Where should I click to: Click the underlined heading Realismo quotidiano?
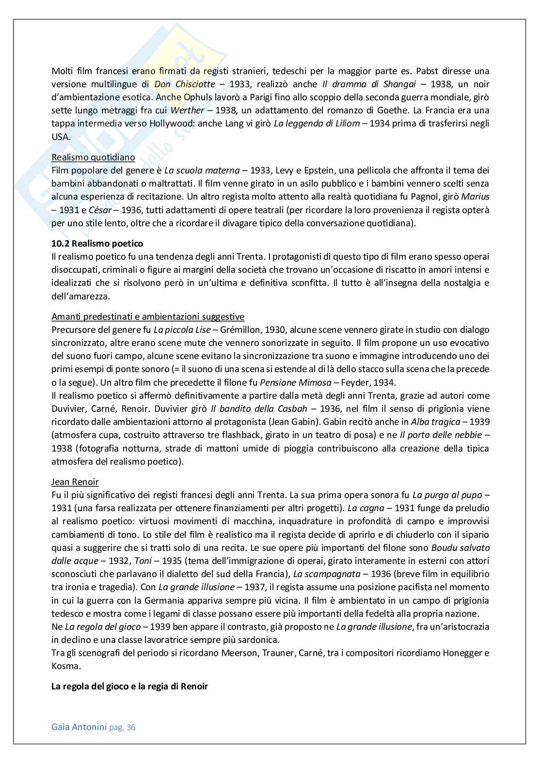[x=93, y=157]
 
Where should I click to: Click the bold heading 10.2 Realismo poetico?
[x=97, y=243]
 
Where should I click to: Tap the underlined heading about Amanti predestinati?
[x=148, y=317]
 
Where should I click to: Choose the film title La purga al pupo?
[x=447, y=495]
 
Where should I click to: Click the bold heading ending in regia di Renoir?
[x=129, y=687]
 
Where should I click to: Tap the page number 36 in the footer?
[x=130, y=727]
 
